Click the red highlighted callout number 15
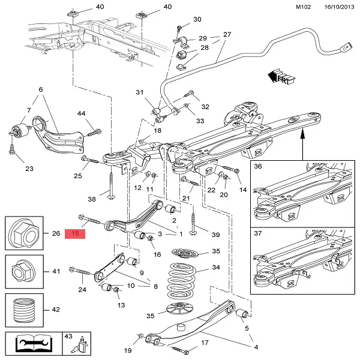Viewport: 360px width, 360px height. point(76,233)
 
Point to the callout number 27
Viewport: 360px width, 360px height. point(227,34)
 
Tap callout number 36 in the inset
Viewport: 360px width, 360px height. point(259,167)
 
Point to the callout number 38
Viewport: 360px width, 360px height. point(92,199)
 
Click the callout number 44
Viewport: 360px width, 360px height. point(82,113)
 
